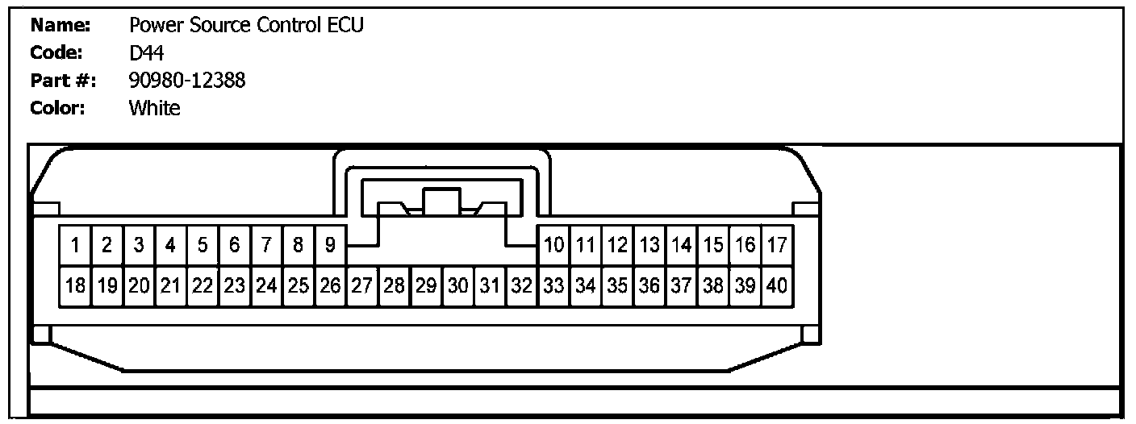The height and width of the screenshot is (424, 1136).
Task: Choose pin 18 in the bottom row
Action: [74, 285]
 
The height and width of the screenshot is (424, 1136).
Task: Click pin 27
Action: [361, 285]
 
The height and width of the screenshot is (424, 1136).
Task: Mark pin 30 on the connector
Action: [457, 285]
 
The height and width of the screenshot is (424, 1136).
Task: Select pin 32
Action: [521, 285]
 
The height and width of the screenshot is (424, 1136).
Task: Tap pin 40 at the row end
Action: [777, 285]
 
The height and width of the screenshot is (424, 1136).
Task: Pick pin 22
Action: [202, 285]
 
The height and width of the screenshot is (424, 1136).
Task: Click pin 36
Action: [649, 285]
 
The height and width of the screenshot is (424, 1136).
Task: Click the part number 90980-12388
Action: [187, 81]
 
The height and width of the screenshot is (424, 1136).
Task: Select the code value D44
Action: [147, 53]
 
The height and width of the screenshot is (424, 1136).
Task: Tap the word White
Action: [155, 108]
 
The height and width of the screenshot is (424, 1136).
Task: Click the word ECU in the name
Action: [346, 26]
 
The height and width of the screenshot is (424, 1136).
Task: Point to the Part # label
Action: [64, 81]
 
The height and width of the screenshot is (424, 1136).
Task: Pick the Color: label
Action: [58, 108]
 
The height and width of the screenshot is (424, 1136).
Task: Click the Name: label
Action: [60, 26]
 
